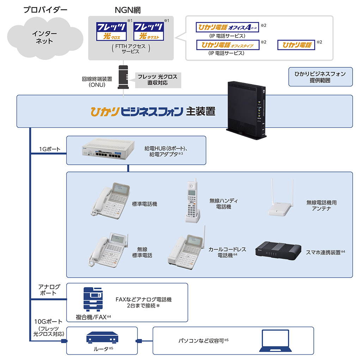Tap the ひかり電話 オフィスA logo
click(227, 27)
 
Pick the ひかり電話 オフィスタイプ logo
click(228, 45)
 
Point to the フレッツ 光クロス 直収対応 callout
click(158, 79)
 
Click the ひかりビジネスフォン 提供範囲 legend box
click(320, 77)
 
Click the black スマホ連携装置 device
click(278, 251)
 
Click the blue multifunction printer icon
click(92, 300)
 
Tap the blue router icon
click(102, 338)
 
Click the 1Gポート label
click(50, 149)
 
